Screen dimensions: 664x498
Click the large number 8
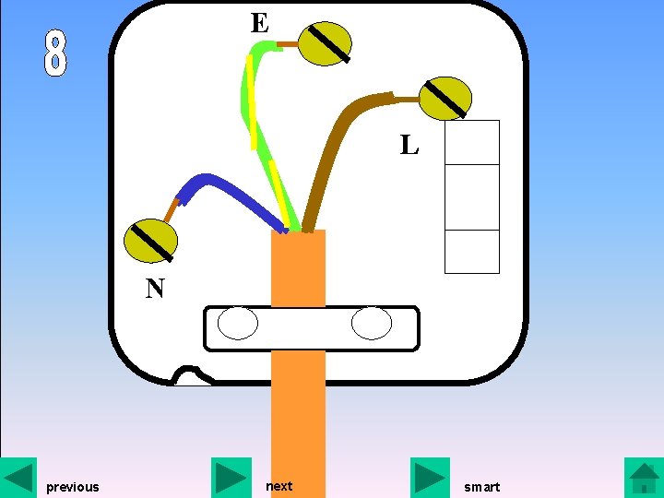point(55,53)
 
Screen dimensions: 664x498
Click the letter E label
point(259,23)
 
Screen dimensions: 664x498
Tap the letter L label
point(409,145)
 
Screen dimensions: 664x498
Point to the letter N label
point(155,290)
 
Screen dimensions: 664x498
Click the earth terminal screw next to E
point(326,43)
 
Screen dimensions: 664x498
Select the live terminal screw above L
point(445,99)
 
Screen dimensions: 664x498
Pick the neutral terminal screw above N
point(150,241)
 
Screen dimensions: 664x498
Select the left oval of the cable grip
point(238,324)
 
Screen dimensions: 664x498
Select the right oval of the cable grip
point(372,324)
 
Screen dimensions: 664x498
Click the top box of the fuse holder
point(471,142)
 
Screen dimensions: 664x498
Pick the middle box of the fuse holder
point(471,196)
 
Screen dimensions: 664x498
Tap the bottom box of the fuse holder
point(471,251)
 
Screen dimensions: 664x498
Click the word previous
point(72,487)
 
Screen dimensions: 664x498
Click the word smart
point(481,487)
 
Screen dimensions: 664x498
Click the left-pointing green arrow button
point(18,477)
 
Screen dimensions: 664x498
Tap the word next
point(279,486)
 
